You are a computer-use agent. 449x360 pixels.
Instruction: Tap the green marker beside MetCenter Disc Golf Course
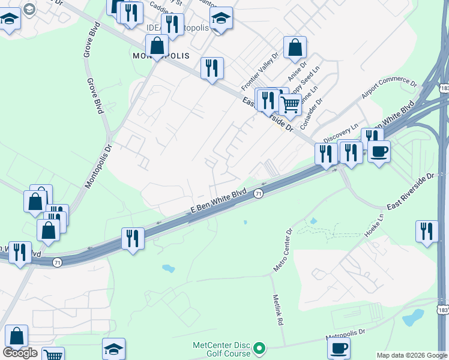click(x=259, y=348)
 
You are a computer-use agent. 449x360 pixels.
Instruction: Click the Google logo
click(x=20, y=353)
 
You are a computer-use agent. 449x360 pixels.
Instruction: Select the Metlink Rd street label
click(x=277, y=310)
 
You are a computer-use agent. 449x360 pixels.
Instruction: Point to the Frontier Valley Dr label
click(x=260, y=71)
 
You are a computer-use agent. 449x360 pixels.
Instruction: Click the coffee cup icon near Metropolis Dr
click(x=339, y=348)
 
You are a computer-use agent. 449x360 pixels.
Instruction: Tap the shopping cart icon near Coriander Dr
click(x=291, y=104)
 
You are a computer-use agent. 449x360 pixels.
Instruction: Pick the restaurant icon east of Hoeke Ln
click(x=426, y=232)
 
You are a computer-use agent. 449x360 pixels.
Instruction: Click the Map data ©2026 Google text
click(x=412, y=355)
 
